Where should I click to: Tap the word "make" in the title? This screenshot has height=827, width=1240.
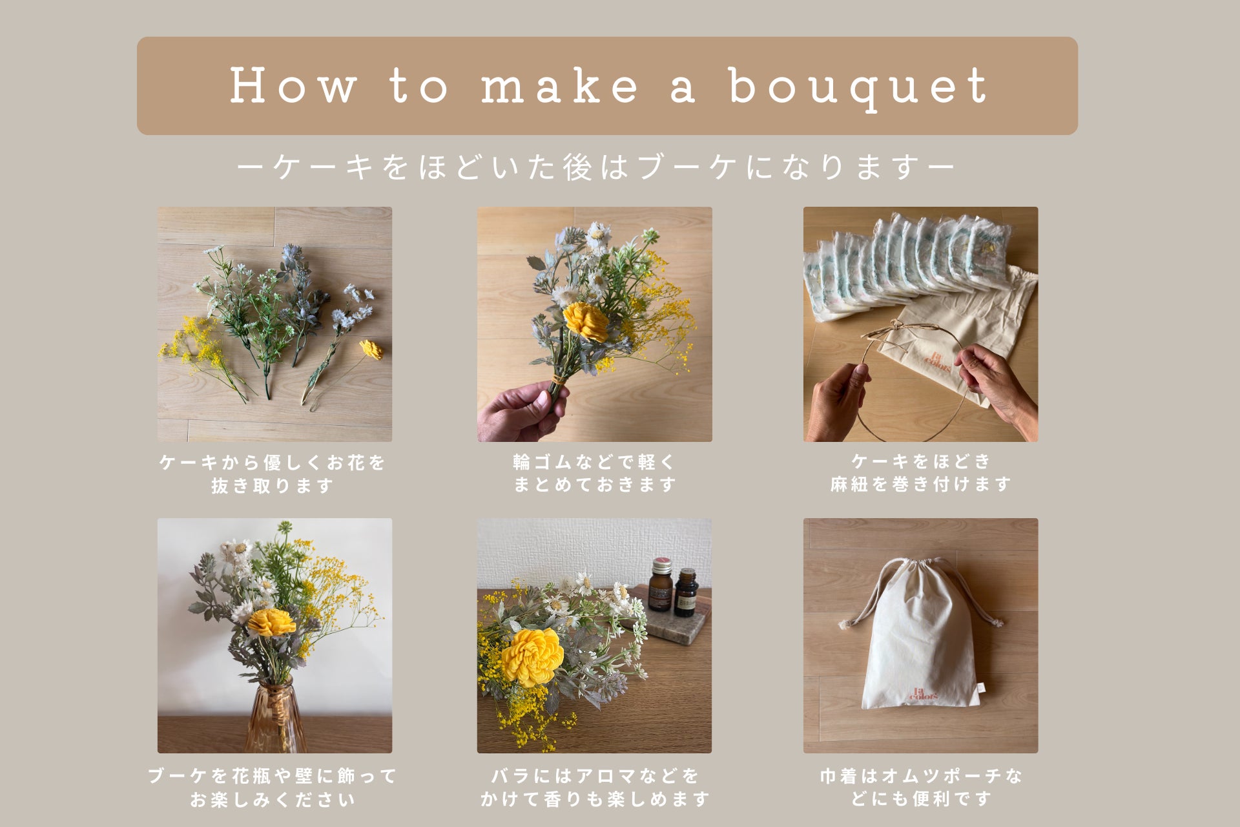(559, 86)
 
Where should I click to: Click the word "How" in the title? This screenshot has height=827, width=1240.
(293, 85)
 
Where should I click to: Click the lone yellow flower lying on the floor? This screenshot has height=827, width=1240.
(371, 350)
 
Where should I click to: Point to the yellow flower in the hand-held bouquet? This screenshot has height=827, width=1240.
(586, 322)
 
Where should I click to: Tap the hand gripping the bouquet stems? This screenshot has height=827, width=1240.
(523, 411)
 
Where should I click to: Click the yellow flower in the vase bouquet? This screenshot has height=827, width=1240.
(271, 622)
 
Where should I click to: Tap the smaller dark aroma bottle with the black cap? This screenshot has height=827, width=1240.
(687, 592)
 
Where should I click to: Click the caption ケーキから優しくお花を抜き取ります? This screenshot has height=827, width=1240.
(273, 474)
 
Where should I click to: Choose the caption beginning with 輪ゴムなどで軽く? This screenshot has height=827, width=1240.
(594, 473)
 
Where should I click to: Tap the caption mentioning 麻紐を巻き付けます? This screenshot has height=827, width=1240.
(920, 472)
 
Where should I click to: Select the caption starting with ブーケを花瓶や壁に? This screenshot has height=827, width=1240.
(273, 788)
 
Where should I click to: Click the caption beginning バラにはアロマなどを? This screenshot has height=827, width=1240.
(595, 788)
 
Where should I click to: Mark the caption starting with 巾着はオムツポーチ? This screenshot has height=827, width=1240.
(921, 788)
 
